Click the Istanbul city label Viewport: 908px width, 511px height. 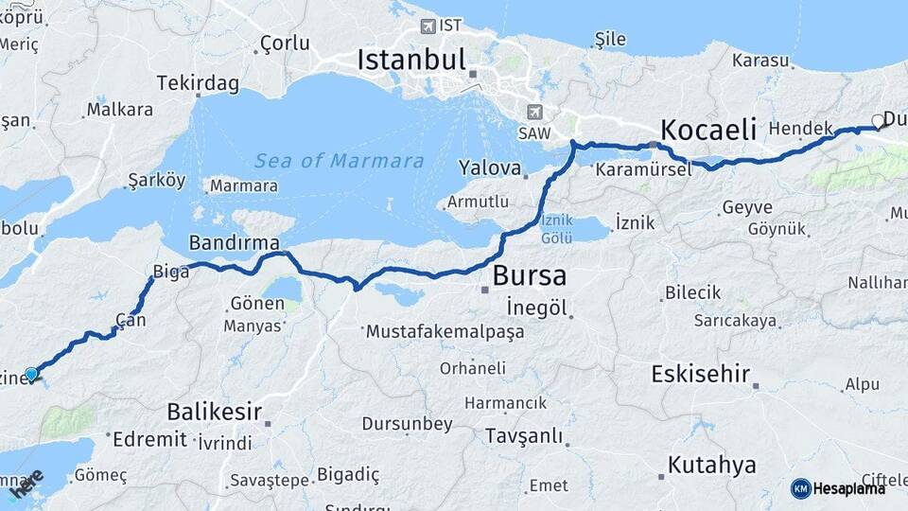pos(411,62)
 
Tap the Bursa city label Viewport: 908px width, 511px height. pos(529,276)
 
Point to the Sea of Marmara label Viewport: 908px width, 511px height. pos(340,161)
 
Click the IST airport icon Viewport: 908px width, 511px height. pos(428,26)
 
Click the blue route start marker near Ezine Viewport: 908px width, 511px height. pos(31,374)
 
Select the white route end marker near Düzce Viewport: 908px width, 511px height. pos(878,121)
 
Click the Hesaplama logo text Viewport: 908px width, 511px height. pos(849,488)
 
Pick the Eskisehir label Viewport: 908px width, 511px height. pos(701,375)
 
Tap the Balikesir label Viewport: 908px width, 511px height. pos(214,412)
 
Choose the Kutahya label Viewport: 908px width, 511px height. pos(712,465)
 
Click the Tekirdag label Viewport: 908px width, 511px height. pos(198,83)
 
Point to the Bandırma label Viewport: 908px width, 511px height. pos(234,241)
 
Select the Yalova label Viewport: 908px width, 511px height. pos(490,169)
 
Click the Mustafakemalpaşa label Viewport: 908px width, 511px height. pos(445,332)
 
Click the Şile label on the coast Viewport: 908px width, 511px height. pos(610,40)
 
